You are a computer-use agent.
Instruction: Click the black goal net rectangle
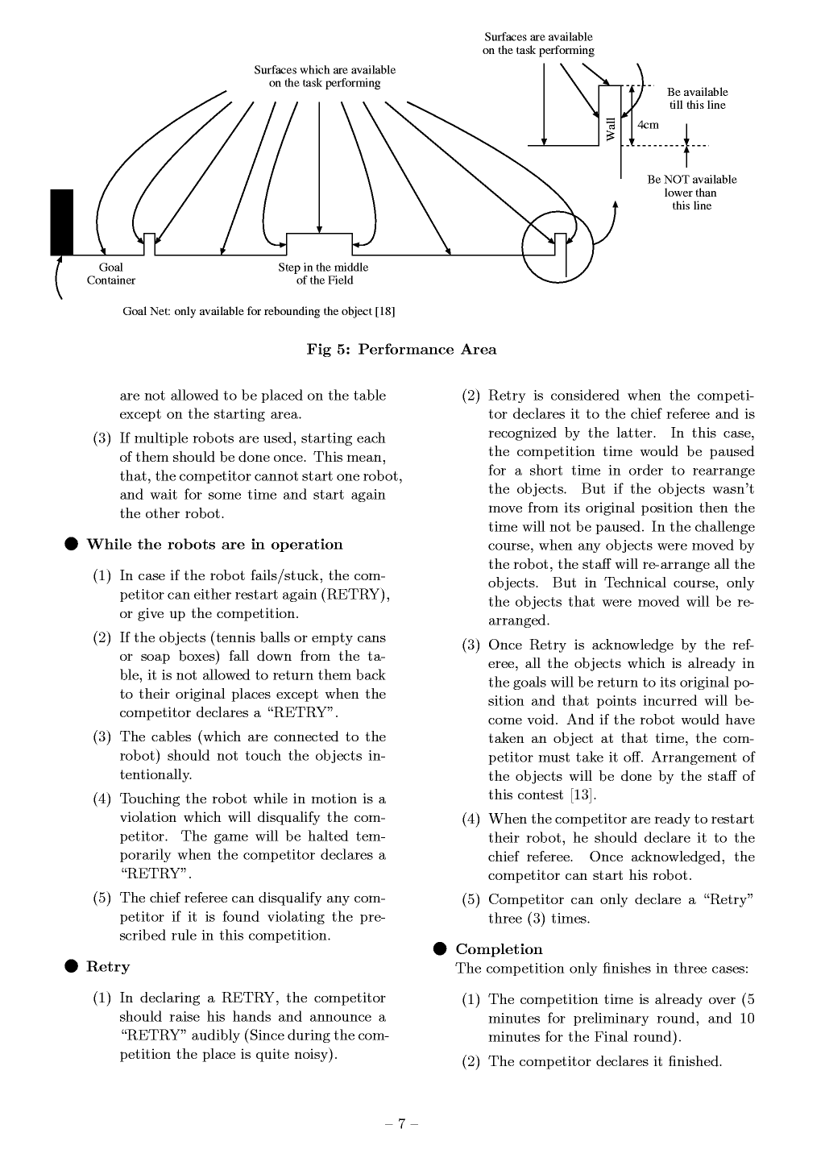62,222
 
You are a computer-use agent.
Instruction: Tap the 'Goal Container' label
111,274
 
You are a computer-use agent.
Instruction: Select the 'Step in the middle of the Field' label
323,274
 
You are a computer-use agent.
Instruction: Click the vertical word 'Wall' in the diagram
611,129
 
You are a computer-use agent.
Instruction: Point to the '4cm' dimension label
648,125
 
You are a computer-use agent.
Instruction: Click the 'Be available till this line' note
697,98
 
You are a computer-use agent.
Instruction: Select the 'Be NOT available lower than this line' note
691,193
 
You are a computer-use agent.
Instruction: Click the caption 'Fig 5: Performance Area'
401,350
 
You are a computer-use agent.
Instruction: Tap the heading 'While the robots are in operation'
214,545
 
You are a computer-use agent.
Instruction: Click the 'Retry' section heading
108,967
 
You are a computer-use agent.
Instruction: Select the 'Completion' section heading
499,949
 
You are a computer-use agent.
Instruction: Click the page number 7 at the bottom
401,1124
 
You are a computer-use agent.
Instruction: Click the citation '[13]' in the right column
582,795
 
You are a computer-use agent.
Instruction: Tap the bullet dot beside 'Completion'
440,949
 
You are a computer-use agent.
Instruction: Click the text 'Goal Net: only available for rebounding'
258,311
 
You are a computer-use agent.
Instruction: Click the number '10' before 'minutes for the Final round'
746,1019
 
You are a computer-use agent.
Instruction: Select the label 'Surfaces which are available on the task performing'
325,77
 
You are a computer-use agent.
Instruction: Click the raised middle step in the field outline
320,243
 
